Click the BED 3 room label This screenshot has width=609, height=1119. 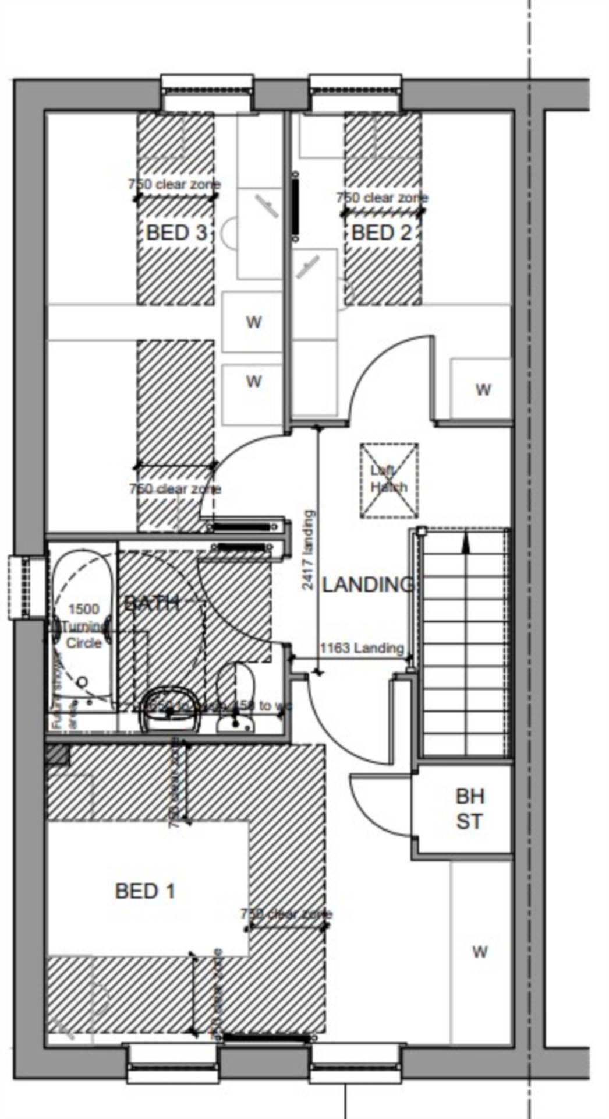coord(176,233)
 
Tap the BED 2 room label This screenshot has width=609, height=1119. coord(381,233)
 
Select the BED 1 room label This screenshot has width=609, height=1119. coord(145,891)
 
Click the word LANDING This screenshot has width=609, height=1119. coord(367,585)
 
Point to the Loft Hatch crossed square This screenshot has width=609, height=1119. coord(389,480)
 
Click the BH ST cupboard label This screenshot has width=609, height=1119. coord(469,809)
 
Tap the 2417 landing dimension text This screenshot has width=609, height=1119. coord(309,550)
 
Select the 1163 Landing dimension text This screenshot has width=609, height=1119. coord(362,648)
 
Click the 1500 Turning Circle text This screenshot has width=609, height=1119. coord(84,626)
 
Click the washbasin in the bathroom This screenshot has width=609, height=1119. coord(171,710)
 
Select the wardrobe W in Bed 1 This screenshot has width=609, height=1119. coord(480,952)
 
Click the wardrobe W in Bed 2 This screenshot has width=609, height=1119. coord(483,389)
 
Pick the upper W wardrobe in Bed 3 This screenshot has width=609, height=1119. coord(253,321)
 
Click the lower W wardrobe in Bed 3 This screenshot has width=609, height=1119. coord(253,381)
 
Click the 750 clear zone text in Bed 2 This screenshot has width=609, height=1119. coord(382,198)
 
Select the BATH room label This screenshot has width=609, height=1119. coord(151,603)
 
